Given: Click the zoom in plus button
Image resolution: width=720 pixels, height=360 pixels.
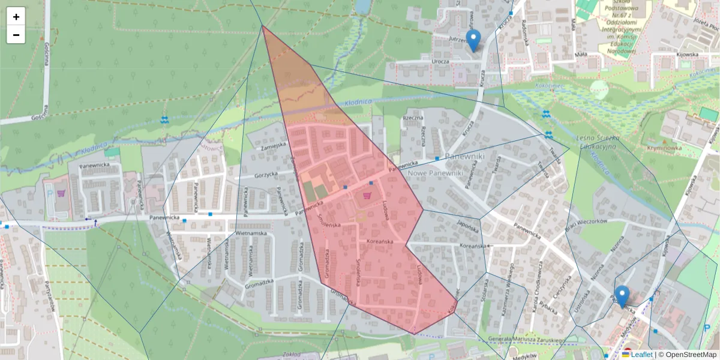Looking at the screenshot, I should click(x=16, y=17).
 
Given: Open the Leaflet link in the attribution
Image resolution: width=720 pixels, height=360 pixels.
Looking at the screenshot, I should click(x=641, y=355).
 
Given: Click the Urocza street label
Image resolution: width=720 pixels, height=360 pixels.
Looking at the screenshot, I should click(x=440, y=61).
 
